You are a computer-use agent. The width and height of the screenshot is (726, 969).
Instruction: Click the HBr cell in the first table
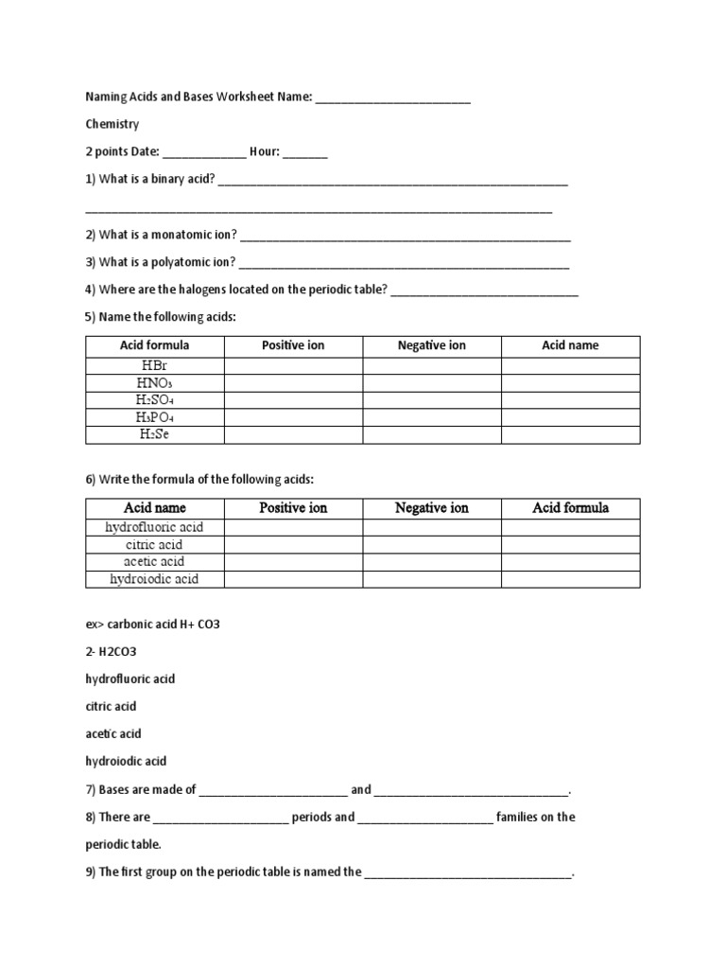tap(155, 366)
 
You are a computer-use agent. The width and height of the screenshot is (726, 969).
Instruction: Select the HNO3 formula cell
tap(155, 383)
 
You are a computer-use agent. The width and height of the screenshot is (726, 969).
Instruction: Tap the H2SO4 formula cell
tap(155, 400)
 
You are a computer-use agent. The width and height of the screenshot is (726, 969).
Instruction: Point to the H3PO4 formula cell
tap(155, 417)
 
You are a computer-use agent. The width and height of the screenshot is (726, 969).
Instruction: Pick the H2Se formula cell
tap(155, 434)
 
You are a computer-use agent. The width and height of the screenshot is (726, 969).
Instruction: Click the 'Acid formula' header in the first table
tap(155, 345)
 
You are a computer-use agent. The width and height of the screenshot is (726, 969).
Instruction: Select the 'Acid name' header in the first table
tap(570, 345)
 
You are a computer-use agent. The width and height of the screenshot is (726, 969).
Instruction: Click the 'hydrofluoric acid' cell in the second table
tap(155, 527)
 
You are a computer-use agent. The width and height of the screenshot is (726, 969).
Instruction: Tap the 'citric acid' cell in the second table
tap(155, 544)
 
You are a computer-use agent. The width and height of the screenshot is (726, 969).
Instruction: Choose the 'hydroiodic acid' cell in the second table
tap(155, 578)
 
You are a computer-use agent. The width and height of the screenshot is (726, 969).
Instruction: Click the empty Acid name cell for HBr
tap(570, 366)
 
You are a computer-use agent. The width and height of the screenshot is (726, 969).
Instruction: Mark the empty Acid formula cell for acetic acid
tap(570, 561)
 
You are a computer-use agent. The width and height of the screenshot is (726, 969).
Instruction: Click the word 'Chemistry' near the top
tap(112, 124)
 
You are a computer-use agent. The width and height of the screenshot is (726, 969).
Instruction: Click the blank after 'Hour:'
tap(304, 152)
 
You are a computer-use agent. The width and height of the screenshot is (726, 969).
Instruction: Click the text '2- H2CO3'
tap(111, 652)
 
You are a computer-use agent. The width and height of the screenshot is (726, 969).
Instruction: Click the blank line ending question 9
tap(469, 873)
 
